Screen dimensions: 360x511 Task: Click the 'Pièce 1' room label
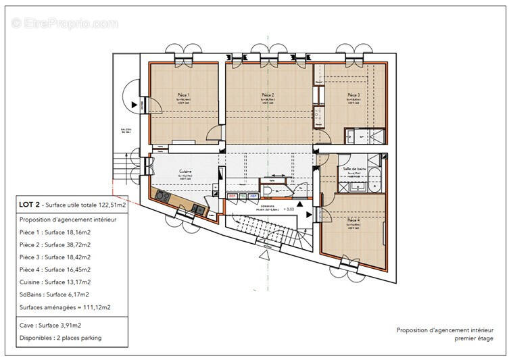point(183,95)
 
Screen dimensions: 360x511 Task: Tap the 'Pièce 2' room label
point(267,95)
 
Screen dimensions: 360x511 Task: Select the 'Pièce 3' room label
point(353,95)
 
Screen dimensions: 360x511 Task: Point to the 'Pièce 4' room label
point(353,220)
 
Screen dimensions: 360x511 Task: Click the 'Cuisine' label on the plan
point(187,172)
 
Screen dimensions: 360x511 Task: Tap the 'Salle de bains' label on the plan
point(354,168)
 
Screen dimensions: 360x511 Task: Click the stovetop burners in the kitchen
point(163,196)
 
